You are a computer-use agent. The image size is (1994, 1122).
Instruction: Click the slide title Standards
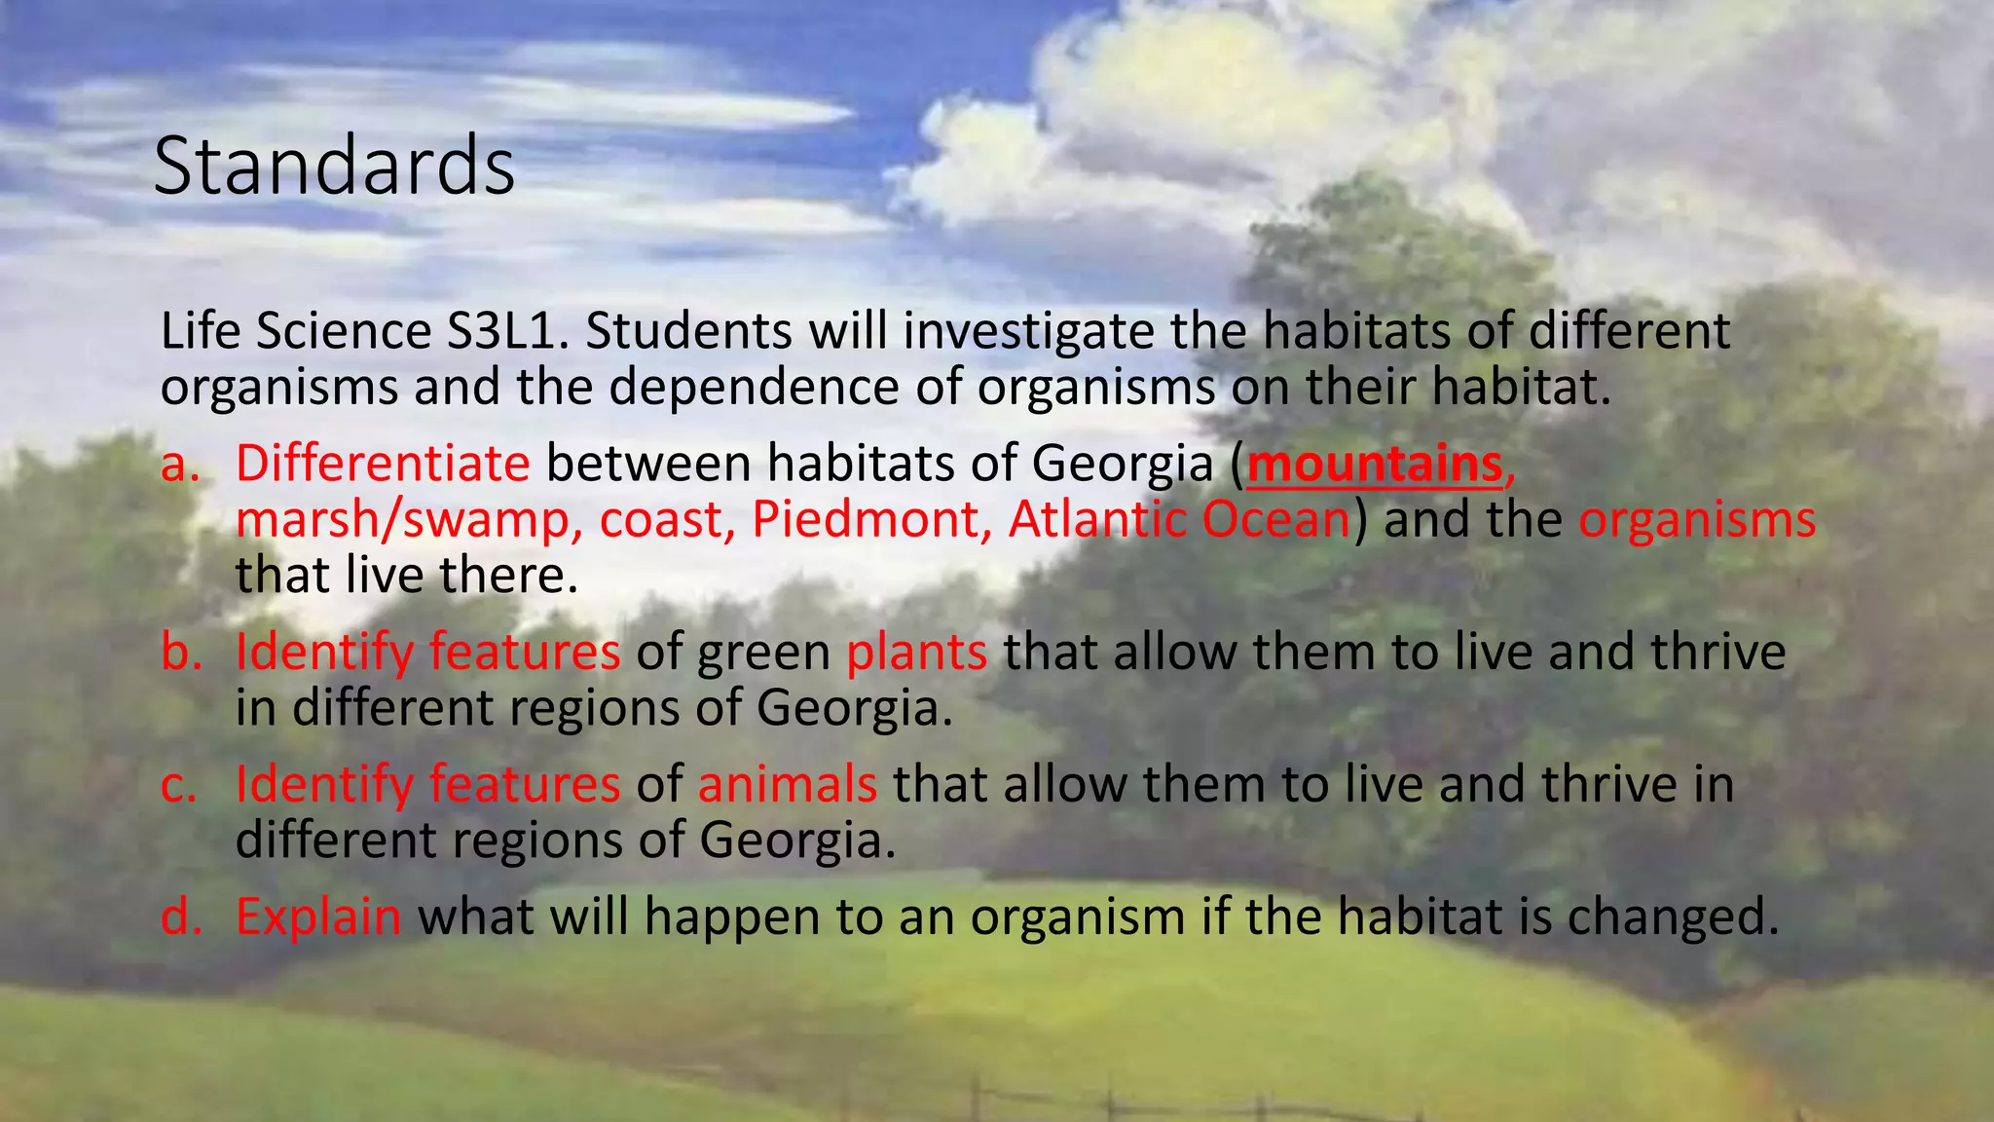coord(334,167)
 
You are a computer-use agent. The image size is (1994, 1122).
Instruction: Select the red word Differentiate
coord(383,464)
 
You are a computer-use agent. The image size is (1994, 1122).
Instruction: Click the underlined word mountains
coord(1375,464)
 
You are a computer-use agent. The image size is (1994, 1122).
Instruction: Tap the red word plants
coord(916,653)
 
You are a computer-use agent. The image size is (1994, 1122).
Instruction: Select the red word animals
coord(787,785)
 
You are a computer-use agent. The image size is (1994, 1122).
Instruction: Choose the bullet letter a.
coord(179,464)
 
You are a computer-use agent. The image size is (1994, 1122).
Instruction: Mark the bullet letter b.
coord(180,653)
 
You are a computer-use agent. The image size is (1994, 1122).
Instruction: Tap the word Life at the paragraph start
coord(201,331)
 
